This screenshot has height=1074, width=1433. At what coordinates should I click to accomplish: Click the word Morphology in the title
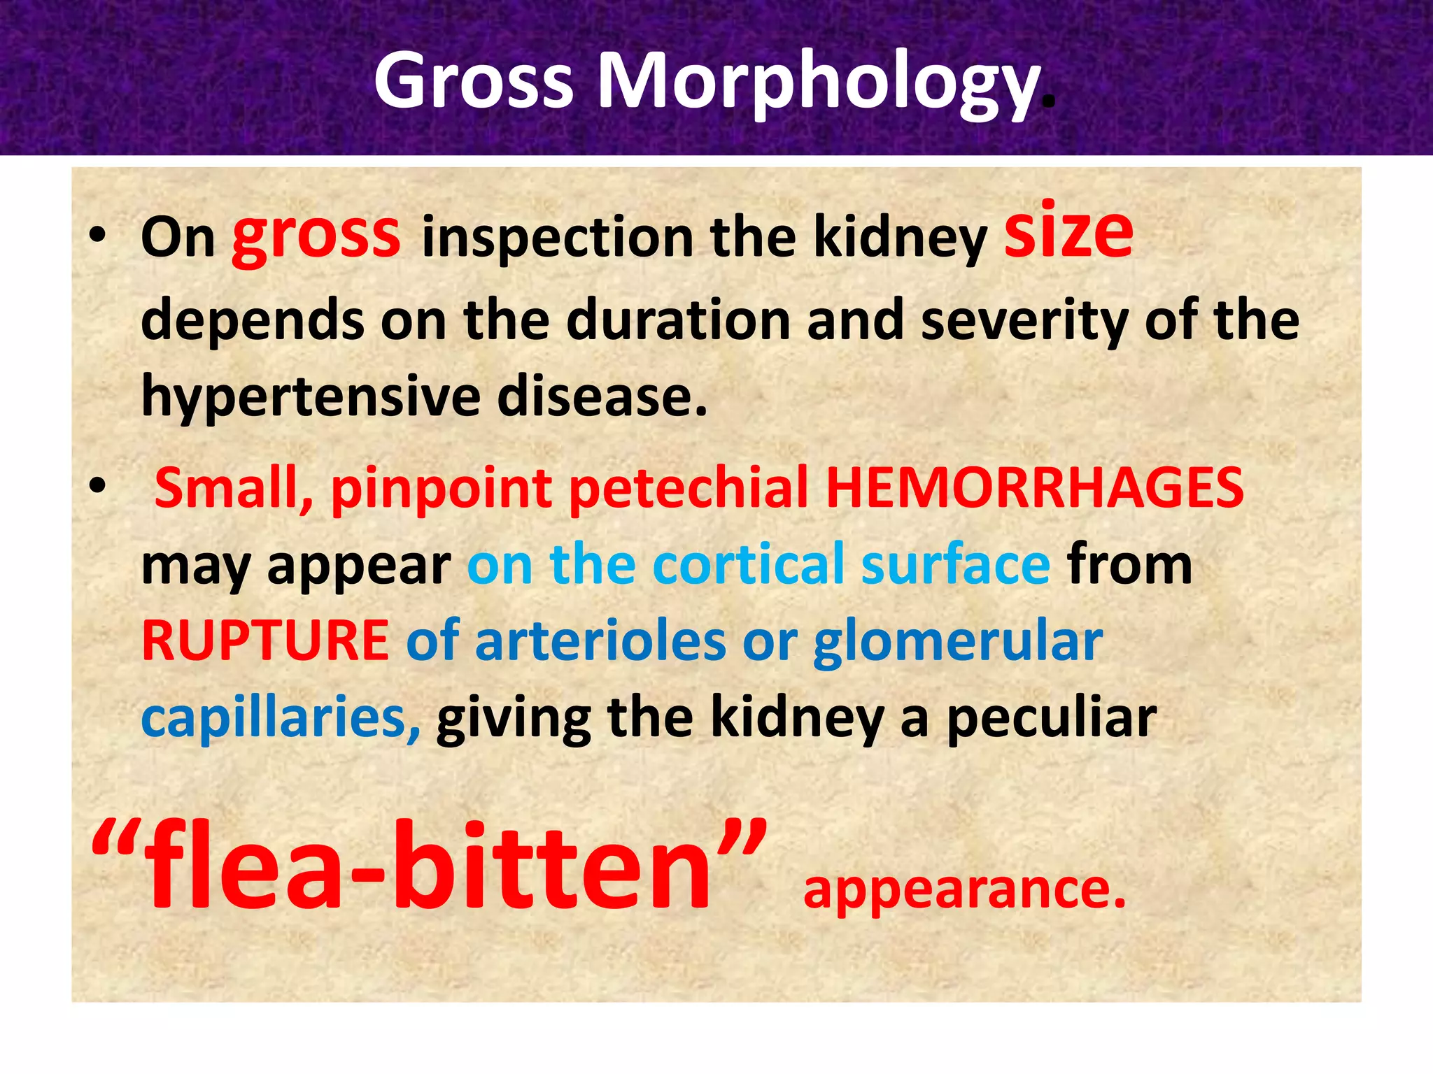817,83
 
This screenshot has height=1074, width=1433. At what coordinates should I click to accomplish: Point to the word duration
677,320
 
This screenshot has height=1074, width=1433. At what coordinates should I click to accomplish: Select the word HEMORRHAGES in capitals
1035,487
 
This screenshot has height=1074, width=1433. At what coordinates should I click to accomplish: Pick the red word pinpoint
442,488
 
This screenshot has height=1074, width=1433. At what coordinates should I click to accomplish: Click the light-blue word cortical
748,564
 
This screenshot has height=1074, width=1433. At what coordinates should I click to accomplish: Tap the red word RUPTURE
265,640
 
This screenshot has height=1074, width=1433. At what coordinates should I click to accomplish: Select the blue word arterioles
600,640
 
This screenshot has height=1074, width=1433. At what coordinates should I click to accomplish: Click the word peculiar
1052,718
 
